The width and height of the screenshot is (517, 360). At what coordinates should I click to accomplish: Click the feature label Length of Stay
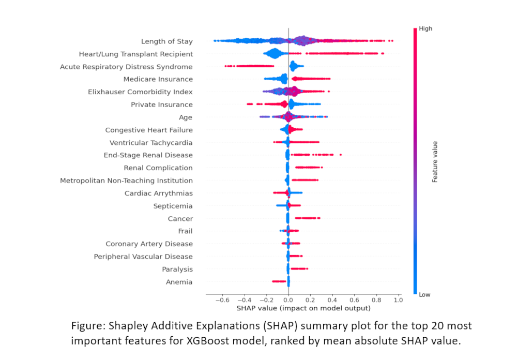pos(166,41)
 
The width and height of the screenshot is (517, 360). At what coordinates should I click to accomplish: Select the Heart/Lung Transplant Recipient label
pos(135,54)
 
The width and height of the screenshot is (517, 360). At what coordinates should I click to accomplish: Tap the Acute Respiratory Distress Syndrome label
pos(126,67)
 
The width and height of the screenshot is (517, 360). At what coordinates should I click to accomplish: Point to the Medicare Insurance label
pos(158,79)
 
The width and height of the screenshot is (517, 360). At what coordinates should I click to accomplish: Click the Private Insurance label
pos(162,104)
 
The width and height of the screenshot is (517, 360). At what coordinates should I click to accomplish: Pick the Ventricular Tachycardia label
pos(151,143)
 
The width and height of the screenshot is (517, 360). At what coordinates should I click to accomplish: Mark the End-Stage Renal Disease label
pos(148,155)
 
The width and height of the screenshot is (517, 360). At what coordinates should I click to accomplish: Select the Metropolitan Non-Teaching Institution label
pos(126,181)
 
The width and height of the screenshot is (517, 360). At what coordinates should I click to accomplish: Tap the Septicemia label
pos(173,206)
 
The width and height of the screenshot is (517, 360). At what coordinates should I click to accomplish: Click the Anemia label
pos(179,282)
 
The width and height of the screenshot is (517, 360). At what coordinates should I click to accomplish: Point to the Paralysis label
pos(177,269)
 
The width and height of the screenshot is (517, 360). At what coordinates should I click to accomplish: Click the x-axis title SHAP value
pos(303,308)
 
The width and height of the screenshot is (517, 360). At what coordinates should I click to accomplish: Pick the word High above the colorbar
pos(425,29)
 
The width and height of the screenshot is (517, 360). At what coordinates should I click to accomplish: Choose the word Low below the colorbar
pos(425,294)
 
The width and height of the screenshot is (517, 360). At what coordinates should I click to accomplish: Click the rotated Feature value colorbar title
pos(435,161)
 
